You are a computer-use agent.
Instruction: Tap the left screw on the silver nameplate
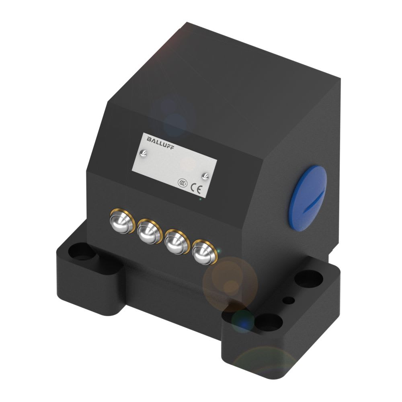pyautogui.click(x=144, y=153)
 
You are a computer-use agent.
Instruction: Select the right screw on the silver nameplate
pyautogui.click(x=205, y=175)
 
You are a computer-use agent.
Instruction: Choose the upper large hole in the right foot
pyautogui.click(x=310, y=277)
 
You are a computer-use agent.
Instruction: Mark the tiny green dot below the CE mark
pyautogui.click(x=200, y=199)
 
